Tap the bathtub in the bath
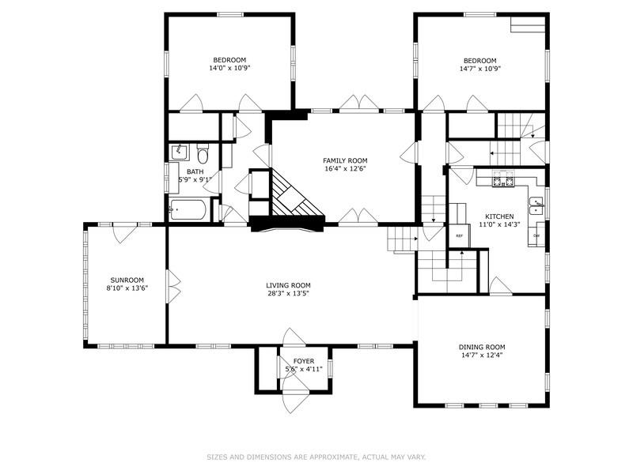(x=188, y=210)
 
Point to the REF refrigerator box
(x=459, y=235)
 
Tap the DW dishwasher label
(x=536, y=235)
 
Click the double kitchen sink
(x=537, y=206)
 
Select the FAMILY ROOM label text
(x=344, y=160)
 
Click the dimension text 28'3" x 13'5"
(x=287, y=294)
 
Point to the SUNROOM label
(x=127, y=280)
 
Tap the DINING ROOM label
(x=481, y=347)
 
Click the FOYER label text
(x=303, y=361)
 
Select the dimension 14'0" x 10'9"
(x=229, y=69)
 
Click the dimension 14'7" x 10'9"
(x=480, y=69)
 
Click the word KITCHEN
(x=499, y=216)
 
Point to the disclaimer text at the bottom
(x=316, y=457)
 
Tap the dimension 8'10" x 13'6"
(x=127, y=288)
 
